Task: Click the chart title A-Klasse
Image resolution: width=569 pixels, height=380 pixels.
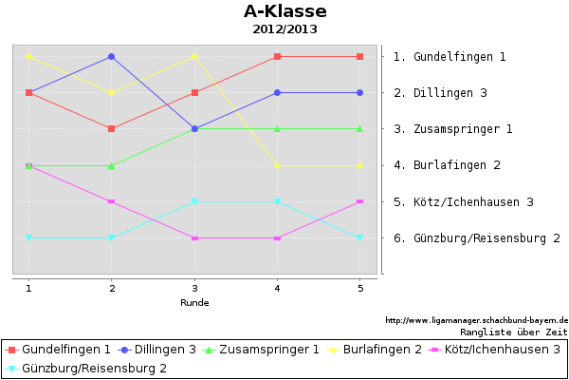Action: [285, 11]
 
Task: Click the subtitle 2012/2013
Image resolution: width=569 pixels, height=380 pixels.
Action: [284, 29]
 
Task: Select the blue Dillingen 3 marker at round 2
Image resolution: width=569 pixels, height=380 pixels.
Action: [111, 56]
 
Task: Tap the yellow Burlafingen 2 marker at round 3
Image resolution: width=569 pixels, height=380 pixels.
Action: [194, 56]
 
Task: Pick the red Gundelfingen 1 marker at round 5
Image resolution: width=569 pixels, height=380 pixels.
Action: [359, 56]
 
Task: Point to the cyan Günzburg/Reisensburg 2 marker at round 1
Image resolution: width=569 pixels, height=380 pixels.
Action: [29, 237]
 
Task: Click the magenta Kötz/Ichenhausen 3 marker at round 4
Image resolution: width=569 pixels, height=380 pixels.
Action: [277, 238]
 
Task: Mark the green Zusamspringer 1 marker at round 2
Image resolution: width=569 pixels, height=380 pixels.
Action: [111, 165]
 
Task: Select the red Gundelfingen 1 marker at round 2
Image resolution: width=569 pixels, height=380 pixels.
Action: [111, 129]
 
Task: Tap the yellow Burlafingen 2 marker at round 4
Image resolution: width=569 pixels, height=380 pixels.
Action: [277, 165]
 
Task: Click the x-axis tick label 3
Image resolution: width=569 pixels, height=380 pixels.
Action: [194, 289]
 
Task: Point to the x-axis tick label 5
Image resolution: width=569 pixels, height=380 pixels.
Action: [360, 289]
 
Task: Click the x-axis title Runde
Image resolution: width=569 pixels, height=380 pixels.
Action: [194, 302]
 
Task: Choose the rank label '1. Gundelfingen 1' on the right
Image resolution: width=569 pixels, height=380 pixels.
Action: [450, 57]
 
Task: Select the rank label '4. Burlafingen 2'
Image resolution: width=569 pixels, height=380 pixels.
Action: [447, 165]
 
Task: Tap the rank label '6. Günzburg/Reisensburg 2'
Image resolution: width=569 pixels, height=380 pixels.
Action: [477, 238]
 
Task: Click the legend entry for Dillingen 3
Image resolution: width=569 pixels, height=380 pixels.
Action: [156, 350]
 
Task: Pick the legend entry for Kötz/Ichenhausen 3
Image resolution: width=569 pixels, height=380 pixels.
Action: [494, 350]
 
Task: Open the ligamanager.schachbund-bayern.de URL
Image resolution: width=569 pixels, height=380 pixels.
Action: [476, 320]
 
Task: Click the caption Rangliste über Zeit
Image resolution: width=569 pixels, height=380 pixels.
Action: [513, 332]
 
